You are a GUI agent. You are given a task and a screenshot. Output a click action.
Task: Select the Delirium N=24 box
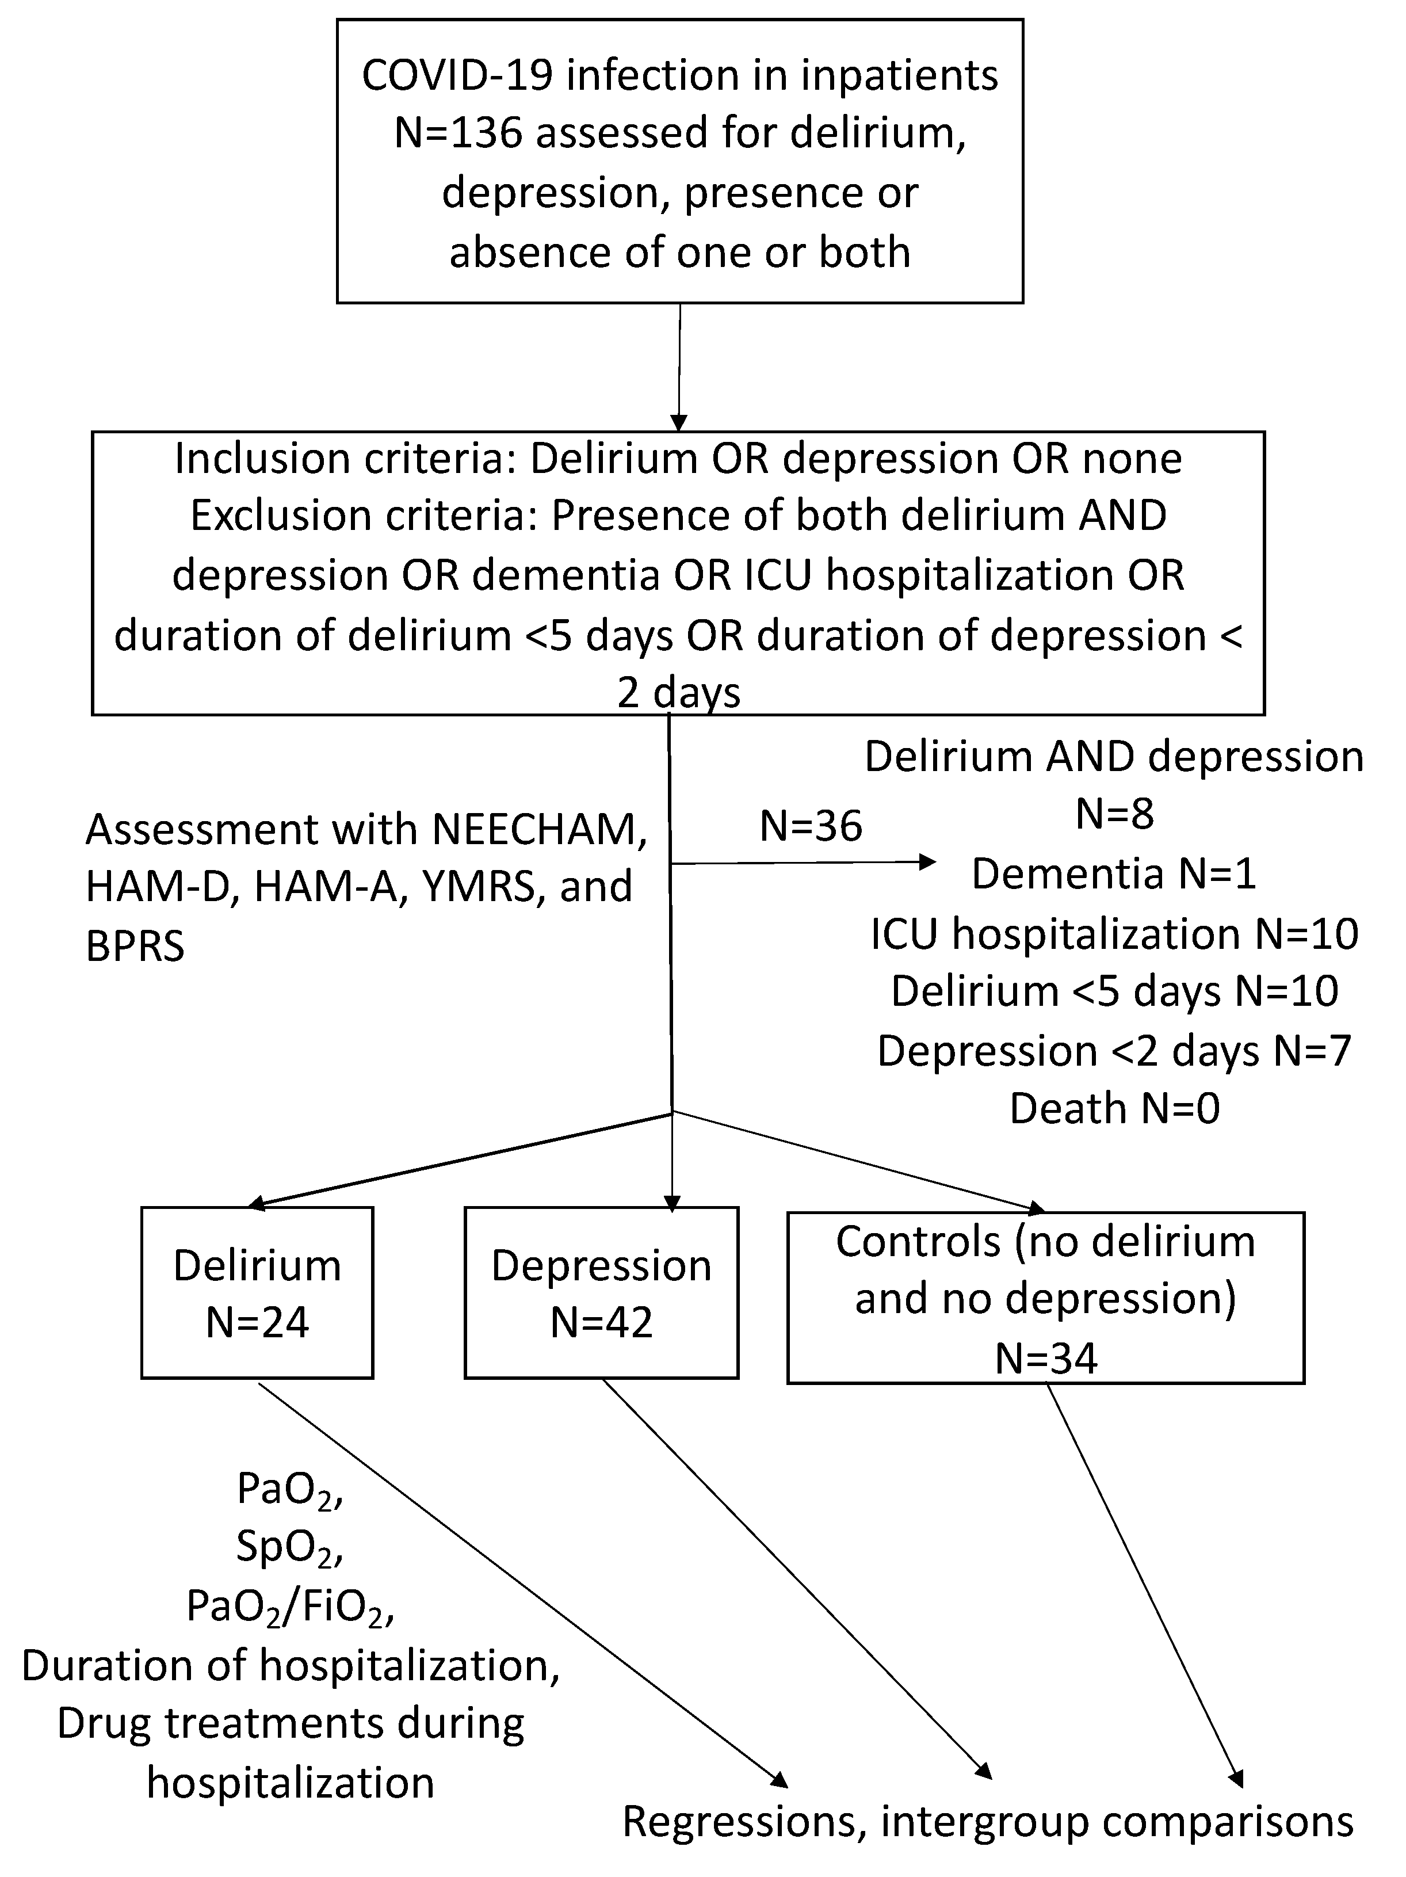point(257,1292)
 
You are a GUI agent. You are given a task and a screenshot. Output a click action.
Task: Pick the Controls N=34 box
point(1045,1298)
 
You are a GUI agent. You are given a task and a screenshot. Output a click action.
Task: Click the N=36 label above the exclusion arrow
point(811,826)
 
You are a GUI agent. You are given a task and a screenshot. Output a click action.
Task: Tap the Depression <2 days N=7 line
point(1113,1051)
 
